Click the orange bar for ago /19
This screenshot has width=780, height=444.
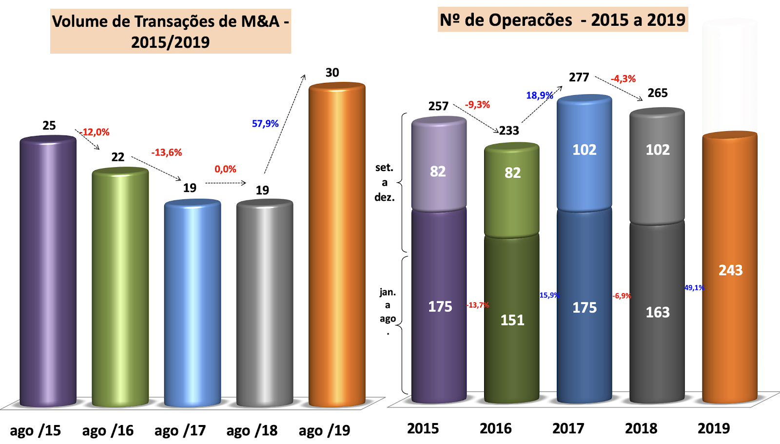point(337,244)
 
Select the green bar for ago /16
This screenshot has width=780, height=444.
point(120,288)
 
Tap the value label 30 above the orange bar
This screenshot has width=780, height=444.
point(332,73)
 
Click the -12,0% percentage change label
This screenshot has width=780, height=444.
point(95,132)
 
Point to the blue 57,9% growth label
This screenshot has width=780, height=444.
point(265,124)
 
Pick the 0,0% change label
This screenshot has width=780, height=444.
point(225,169)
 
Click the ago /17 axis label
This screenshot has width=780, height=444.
point(180,431)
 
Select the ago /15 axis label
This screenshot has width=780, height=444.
point(35,431)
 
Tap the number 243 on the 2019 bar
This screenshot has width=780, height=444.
point(730,270)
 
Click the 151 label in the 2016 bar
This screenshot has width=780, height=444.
point(512,320)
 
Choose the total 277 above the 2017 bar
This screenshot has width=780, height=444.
point(579,77)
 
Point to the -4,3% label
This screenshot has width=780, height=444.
point(624,79)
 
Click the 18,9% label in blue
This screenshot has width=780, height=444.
point(539,96)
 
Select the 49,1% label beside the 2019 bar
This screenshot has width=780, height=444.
point(694,288)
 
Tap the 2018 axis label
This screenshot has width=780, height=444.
point(641,429)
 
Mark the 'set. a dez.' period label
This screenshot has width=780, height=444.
point(384,182)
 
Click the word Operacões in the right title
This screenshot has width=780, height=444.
point(530,20)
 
